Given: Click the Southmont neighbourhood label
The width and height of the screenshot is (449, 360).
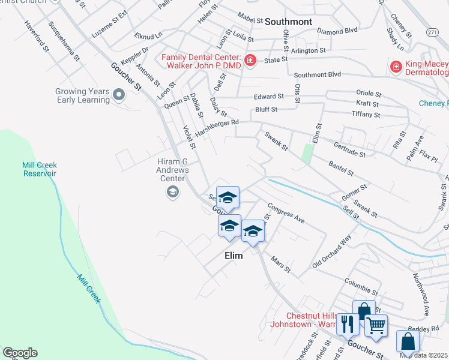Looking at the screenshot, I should tap(289, 22).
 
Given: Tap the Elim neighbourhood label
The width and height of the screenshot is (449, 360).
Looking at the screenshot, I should tap(234, 256).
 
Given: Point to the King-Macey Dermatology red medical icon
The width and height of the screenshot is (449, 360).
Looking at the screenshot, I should tap(396, 67).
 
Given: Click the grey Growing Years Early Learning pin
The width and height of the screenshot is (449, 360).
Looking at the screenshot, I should tap(119, 94).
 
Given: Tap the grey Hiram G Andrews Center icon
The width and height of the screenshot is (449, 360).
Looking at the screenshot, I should tap(172, 192).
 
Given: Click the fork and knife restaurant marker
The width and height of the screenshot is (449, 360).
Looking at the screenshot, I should tap(348, 325).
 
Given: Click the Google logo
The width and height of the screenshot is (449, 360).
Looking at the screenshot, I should tap(20, 353).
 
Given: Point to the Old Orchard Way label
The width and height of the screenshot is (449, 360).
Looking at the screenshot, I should tap(331, 251).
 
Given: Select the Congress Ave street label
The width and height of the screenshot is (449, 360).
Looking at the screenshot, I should tap(286, 212).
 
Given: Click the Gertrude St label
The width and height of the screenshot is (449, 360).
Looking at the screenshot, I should tap(350, 149).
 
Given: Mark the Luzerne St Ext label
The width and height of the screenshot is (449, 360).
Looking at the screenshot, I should tap(110, 24).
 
